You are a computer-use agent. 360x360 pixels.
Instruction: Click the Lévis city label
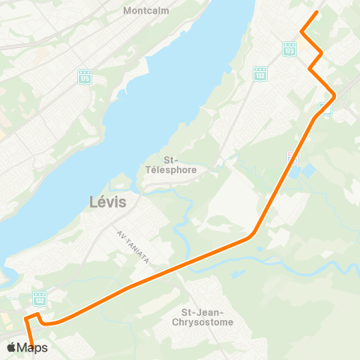(108, 202)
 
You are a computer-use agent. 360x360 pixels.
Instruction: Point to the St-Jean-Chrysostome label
(208, 317)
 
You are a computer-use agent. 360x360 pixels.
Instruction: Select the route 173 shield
(289, 49)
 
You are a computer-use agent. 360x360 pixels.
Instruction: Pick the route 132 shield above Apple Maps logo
(40, 298)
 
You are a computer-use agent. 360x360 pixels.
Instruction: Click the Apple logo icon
(11, 347)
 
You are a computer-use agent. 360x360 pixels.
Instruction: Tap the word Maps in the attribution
(33, 348)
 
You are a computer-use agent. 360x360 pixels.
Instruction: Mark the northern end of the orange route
(317, 12)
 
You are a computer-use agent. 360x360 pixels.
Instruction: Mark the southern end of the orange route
(33, 349)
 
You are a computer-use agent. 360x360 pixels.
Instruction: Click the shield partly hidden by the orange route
(324, 108)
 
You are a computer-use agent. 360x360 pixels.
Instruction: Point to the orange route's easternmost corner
(334, 95)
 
